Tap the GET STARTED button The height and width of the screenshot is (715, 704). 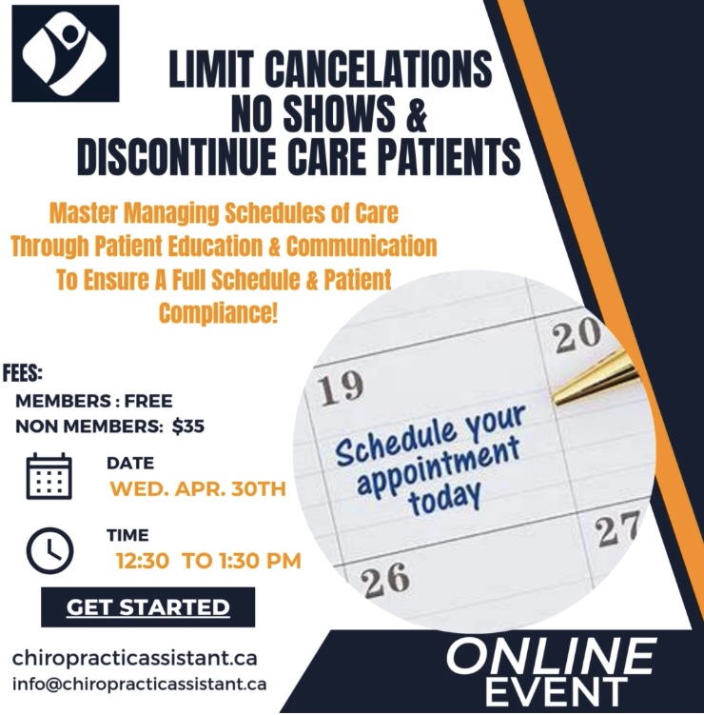148,606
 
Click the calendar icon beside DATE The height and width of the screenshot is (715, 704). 49,476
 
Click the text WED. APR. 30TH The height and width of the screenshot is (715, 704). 197,490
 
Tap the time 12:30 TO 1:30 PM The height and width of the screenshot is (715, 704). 208,561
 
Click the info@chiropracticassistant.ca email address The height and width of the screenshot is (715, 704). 139,684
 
